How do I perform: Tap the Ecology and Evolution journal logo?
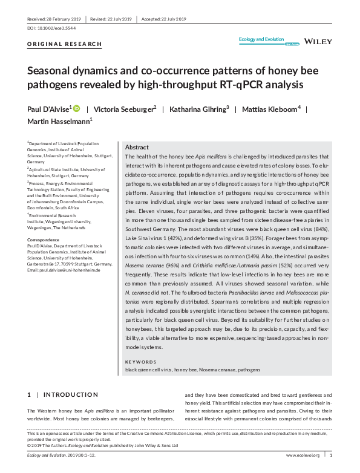262,41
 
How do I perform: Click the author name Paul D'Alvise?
48,109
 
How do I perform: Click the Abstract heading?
136,148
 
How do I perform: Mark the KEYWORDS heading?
139,362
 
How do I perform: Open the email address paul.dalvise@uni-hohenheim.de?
67,270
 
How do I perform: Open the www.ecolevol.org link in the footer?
303,455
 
